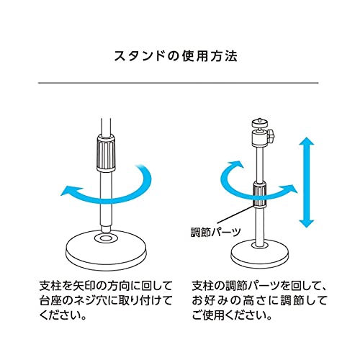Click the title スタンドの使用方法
176,56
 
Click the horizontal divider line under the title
178,83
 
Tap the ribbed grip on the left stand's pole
106,153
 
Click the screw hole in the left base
106,238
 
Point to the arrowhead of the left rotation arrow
68,190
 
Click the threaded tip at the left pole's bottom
106,228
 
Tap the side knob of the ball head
271,136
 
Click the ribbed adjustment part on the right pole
260,194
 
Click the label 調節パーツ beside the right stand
216,232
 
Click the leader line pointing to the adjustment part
236,215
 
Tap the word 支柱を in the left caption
55,286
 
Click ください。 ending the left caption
63,315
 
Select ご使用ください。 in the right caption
232,315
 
